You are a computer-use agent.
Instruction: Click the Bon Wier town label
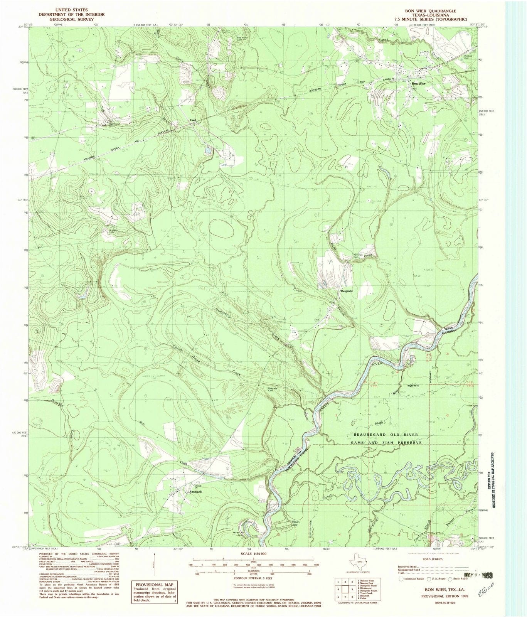418,83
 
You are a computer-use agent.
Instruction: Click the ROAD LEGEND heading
433,559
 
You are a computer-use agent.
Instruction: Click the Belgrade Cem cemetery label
274,389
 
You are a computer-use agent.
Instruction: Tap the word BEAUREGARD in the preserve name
369,435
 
